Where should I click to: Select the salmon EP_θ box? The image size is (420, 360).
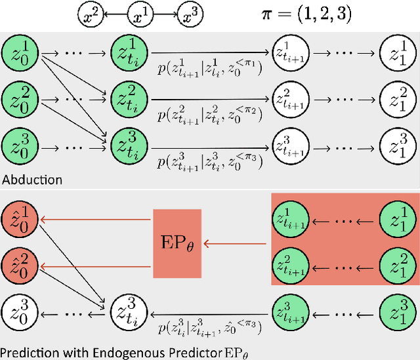tap(177, 244)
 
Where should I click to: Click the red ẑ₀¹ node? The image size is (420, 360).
tap(18, 219)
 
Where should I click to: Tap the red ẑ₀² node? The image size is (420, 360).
tap(18, 264)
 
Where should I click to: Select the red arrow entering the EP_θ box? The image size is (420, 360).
tap(236, 244)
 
